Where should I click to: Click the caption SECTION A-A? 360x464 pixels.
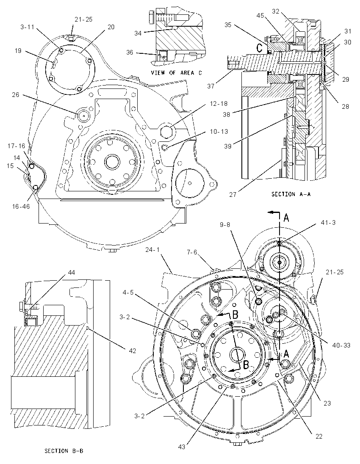click(x=291, y=194)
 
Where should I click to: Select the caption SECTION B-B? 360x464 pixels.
click(x=64, y=451)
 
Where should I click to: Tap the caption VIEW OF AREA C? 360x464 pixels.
click(x=176, y=72)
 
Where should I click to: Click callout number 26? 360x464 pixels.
click(x=15, y=95)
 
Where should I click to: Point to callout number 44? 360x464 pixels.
click(x=72, y=272)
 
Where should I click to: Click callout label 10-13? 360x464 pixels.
click(x=219, y=131)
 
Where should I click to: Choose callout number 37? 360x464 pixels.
click(x=211, y=86)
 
